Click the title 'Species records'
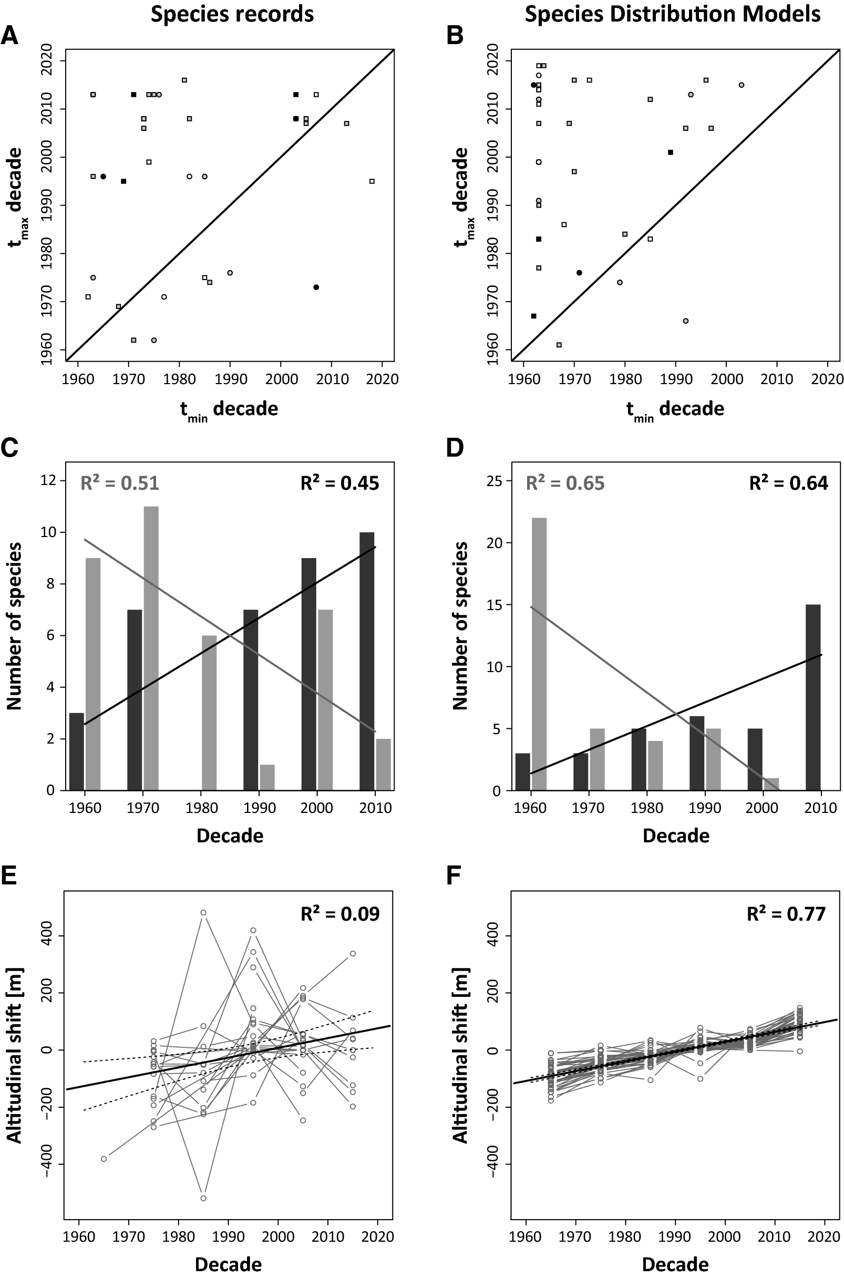click(232, 14)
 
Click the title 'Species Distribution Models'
click(672, 14)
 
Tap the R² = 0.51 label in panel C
click(120, 483)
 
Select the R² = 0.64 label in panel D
click(789, 483)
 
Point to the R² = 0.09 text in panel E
click(339, 913)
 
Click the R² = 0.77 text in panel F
click(786, 913)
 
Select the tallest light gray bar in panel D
click(539, 654)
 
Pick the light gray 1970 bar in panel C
click(151, 648)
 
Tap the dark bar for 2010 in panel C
click(367, 661)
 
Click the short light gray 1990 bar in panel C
click(267, 777)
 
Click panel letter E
click(9, 877)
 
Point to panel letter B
click(456, 37)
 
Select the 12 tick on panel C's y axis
click(49, 480)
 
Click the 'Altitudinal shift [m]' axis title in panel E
click(15, 1055)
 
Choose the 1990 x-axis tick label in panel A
click(230, 379)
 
